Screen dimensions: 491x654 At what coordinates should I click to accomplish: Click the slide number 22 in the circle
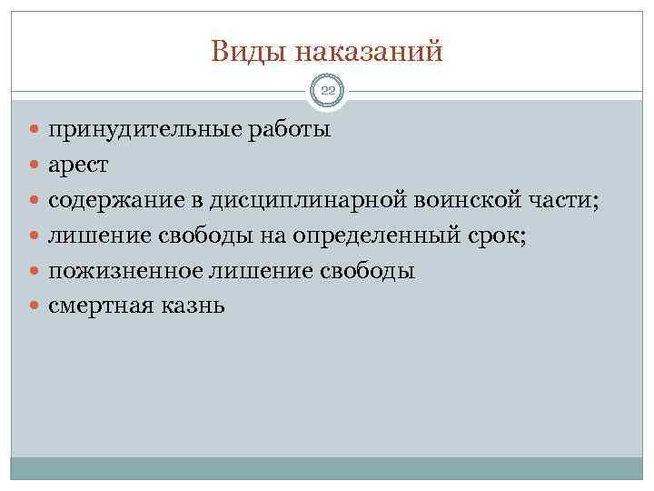tap(327, 90)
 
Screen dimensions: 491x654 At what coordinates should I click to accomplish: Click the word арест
tap(78, 165)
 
